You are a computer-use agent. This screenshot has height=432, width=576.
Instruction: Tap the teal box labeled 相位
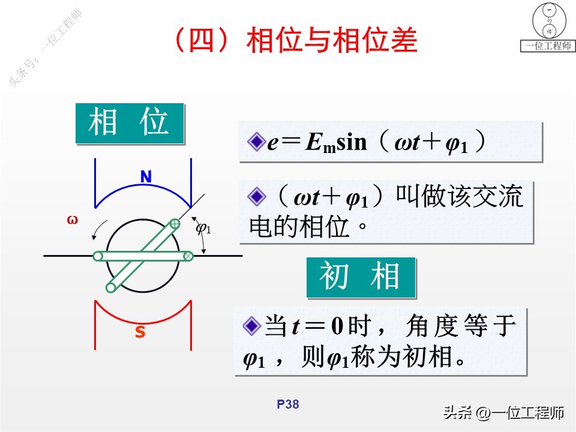point(129,123)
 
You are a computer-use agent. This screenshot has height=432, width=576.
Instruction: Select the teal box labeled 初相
point(361,277)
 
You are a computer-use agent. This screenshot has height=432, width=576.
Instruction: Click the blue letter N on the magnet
point(146,177)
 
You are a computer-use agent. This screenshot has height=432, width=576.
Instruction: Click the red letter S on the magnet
point(140,332)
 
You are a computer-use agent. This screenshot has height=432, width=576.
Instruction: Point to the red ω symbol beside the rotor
point(73,220)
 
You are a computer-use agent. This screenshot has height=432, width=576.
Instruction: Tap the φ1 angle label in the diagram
point(204,228)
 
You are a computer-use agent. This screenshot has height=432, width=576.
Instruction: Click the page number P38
point(288,405)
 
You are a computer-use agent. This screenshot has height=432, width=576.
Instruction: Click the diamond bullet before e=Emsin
point(256,142)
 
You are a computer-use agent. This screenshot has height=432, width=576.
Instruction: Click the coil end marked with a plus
point(175,224)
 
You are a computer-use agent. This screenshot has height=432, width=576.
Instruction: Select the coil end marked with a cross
point(188,256)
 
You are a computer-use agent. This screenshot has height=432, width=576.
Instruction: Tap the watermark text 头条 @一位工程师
point(504,413)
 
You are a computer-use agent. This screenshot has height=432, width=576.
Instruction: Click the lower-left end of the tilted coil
point(111,287)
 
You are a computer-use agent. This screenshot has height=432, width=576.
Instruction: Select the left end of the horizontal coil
point(98,256)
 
